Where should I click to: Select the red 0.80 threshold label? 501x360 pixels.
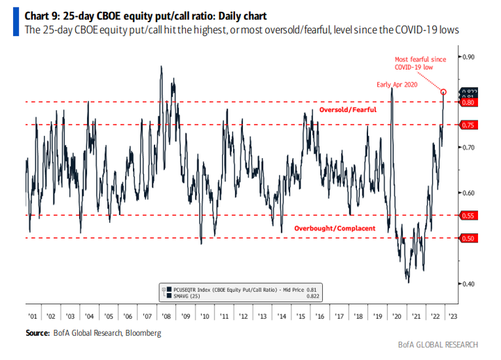tap(467, 102)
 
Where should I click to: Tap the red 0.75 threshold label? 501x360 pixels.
tap(467, 125)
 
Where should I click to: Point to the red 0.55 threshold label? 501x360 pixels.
tap(467, 216)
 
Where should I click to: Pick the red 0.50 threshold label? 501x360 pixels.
tap(467, 239)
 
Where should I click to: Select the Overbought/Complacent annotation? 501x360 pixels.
tap(335, 228)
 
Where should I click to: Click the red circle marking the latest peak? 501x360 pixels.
tap(444, 91)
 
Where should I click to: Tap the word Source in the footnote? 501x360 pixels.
tap(38, 334)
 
